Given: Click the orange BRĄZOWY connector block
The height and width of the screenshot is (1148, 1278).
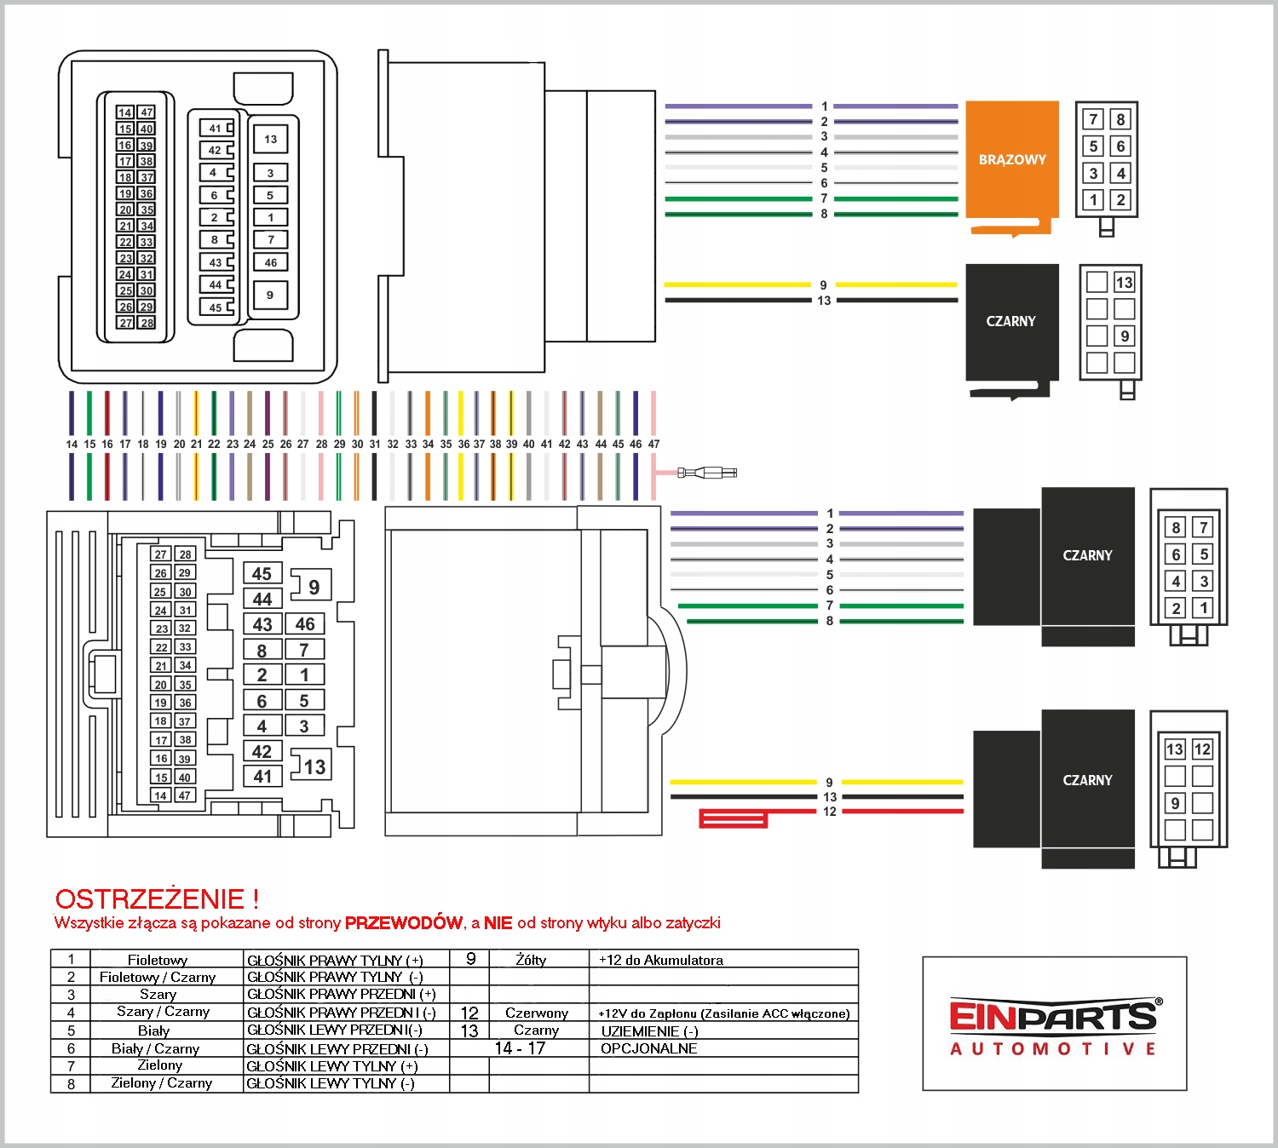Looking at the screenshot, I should [x=1012, y=160].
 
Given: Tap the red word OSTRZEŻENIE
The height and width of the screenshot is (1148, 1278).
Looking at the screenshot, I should [x=149, y=899].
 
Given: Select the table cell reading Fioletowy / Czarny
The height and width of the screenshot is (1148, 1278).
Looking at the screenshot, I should [x=158, y=978].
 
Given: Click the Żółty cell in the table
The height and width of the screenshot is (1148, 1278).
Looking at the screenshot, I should [x=531, y=960].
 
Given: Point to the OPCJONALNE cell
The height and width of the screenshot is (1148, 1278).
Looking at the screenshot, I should [x=649, y=1048].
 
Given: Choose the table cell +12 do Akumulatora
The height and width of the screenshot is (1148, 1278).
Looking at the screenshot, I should [x=661, y=960].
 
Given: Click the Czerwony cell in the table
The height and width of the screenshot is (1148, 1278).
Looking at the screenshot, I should [x=537, y=1013].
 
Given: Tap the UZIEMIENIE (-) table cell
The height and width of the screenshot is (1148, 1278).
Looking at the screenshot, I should [x=650, y=1030].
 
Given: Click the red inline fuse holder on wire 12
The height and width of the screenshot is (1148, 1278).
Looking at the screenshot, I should [x=733, y=818].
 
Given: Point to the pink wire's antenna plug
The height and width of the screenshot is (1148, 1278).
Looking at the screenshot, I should [x=707, y=473].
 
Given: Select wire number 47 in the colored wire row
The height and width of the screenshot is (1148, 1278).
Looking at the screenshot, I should [x=653, y=444].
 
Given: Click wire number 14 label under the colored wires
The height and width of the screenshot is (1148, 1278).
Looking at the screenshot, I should [x=72, y=444].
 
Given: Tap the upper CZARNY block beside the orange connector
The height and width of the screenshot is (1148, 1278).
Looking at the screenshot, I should [x=1011, y=322].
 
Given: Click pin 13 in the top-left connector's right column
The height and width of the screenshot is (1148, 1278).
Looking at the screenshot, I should [x=271, y=139].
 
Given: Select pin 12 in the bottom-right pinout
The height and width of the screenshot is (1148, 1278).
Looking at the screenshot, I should [x=1202, y=749].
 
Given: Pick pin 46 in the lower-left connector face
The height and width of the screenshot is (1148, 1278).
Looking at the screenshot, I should [x=305, y=624].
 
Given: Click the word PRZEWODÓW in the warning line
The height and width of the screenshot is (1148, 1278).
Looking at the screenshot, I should [x=403, y=922].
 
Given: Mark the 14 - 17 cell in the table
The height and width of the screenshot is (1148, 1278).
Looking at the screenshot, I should [x=520, y=1048].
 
